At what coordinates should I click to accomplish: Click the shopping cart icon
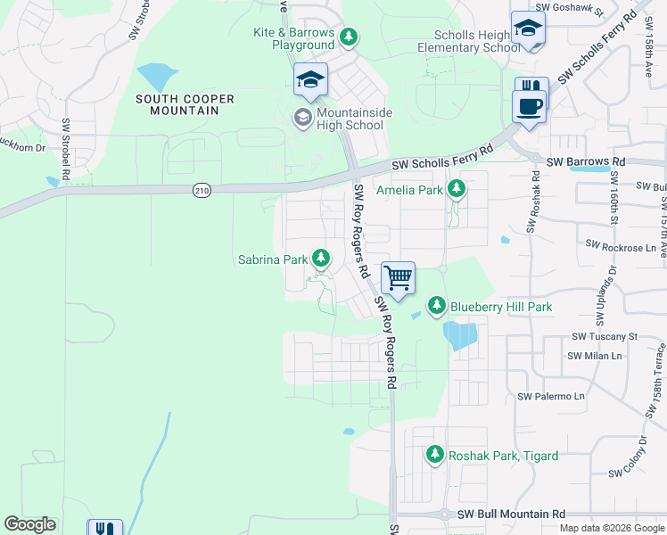pyautogui.click(x=398, y=277)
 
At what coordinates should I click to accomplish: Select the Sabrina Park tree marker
pyautogui.click(x=321, y=259)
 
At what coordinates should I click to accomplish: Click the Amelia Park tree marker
pyautogui.click(x=457, y=189)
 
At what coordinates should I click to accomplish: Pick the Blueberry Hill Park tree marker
pyautogui.click(x=436, y=306)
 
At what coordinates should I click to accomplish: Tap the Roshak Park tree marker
pyautogui.click(x=435, y=455)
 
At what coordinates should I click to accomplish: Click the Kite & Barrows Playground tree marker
pyautogui.click(x=350, y=37)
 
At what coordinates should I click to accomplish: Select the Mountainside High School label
pyautogui.click(x=338, y=118)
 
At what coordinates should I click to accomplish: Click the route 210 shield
pyautogui.click(x=201, y=189)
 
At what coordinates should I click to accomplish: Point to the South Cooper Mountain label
pyautogui.click(x=178, y=103)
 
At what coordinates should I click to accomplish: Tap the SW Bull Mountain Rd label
pyautogui.click(x=511, y=514)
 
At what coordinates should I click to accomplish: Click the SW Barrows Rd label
pyautogui.click(x=586, y=161)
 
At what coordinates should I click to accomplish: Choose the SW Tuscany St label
pyautogui.click(x=605, y=336)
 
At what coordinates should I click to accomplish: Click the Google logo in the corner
pyautogui.click(x=30, y=524)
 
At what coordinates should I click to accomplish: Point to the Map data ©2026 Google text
pyautogui.click(x=611, y=528)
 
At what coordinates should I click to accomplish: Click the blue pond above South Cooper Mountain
pyautogui.click(x=157, y=77)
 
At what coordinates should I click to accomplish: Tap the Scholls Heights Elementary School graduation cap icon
pyautogui.click(x=528, y=29)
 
